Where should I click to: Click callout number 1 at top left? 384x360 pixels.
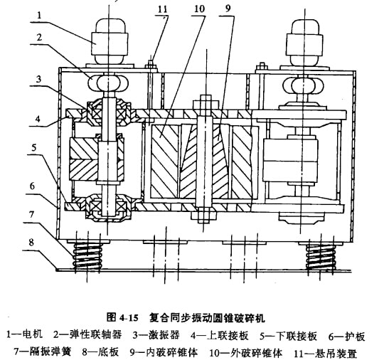click(40, 16)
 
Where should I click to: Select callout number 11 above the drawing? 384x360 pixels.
click(163, 9)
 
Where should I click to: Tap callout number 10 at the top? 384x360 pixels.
click(199, 9)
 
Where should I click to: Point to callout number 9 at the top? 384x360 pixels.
click(228, 9)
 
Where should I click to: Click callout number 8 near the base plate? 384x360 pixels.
click(31, 243)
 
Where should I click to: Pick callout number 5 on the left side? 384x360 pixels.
click(34, 147)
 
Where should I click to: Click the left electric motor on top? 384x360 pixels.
click(109, 42)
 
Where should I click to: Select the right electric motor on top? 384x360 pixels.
click(305, 42)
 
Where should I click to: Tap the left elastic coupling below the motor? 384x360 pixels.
click(109, 83)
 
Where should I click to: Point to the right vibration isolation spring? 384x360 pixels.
click(321, 257)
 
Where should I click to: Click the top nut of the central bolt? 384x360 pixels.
click(206, 102)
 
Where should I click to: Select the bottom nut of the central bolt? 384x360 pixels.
click(204, 215)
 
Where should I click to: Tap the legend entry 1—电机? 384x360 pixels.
click(24, 334)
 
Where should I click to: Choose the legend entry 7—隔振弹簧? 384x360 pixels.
click(43, 352)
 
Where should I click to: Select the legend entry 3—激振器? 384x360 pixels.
click(156, 335)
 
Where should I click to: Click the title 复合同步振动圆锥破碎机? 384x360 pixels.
click(207, 318)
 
